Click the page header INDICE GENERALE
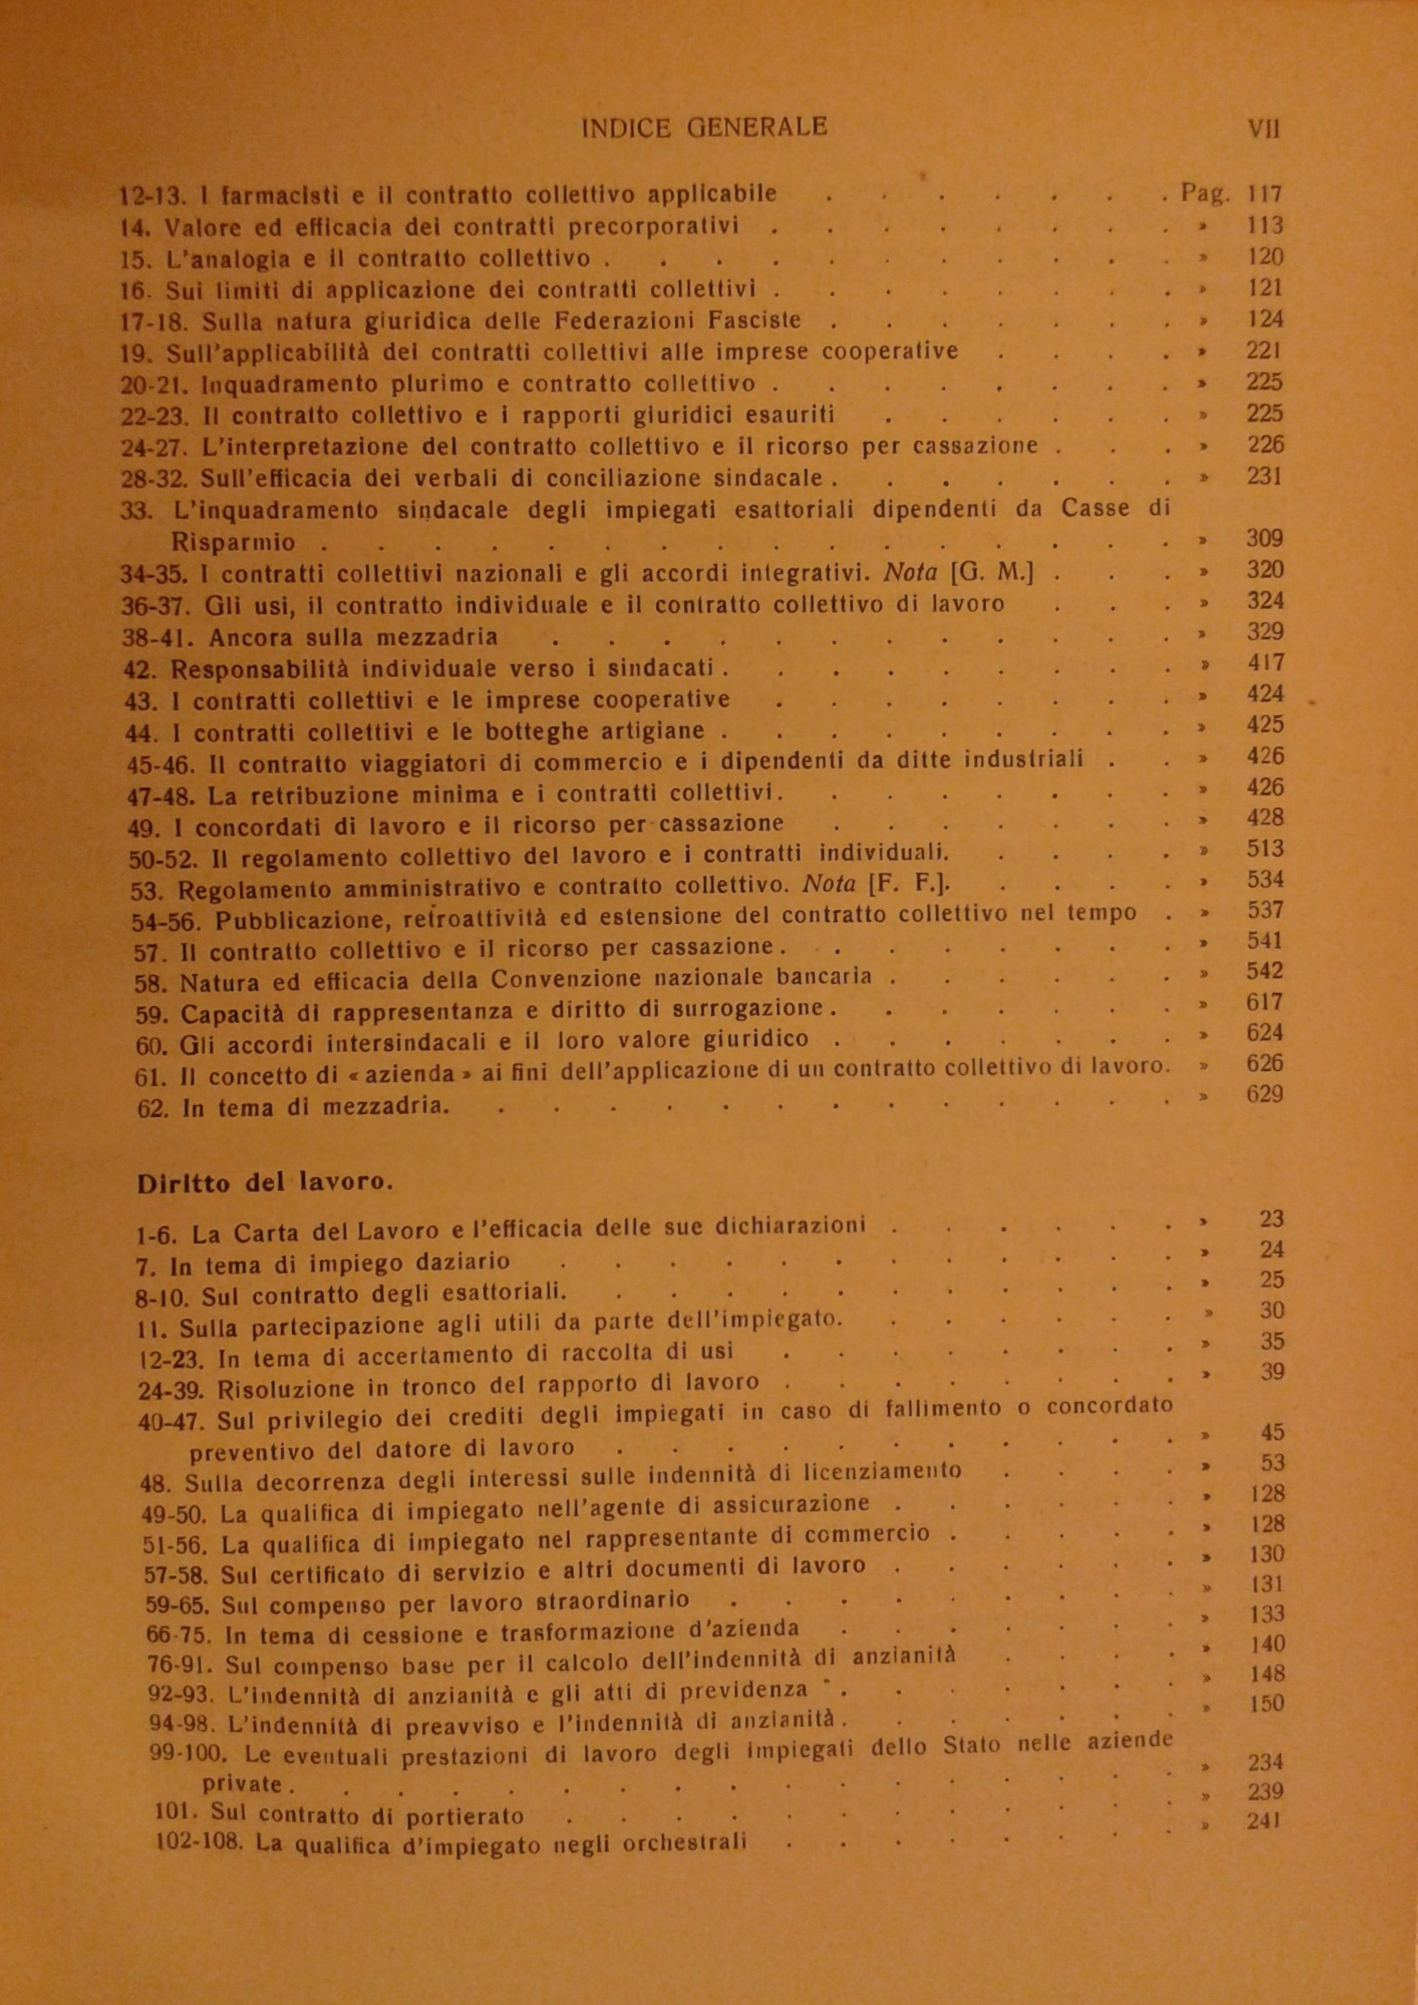[x=704, y=128]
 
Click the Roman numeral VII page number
[x=1264, y=130]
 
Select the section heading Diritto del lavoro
[x=264, y=1183]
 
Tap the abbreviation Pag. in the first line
[x=1205, y=193]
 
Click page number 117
[x=1264, y=194]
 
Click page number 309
[x=1264, y=538]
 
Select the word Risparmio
[x=233, y=543]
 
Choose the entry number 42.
[x=142, y=670]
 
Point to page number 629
[x=1264, y=1094]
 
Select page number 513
[x=1264, y=849]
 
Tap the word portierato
[x=464, y=1818]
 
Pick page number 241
[x=1264, y=1822]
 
